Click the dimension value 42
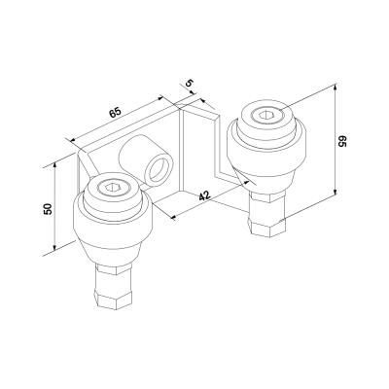click(x=205, y=196)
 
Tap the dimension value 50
click(x=48, y=209)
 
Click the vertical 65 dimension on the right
click(x=342, y=141)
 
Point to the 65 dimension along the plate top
click(x=115, y=113)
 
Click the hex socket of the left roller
click(x=111, y=187)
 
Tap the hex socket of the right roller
click(x=265, y=115)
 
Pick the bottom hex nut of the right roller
click(x=267, y=226)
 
